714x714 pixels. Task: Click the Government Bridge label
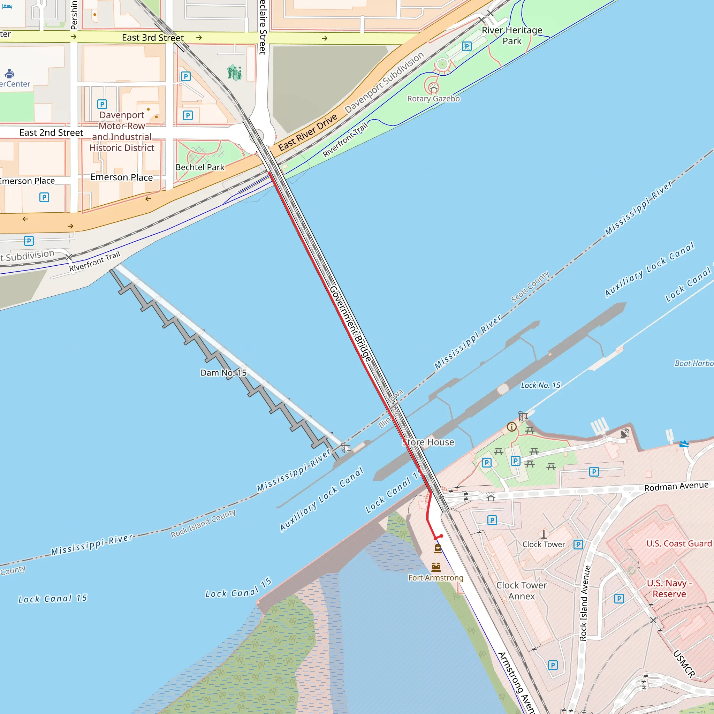click(x=350, y=324)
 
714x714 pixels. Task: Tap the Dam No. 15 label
click(x=223, y=373)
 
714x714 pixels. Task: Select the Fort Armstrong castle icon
click(x=436, y=567)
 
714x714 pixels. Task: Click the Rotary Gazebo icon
click(x=433, y=88)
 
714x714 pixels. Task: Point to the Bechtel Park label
click(x=199, y=167)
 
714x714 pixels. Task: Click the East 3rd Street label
click(x=153, y=38)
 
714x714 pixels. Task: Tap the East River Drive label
click(x=308, y=132)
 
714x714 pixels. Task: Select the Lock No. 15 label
click(x=540, y=386)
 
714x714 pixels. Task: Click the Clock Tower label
click(x=544, y=544)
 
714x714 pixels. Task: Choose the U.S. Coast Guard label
click(x=679, y=544)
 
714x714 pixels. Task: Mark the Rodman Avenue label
click(x=676, y=487)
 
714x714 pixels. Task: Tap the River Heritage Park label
click(x=512, y=36)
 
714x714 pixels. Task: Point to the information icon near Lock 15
click(x=511, y=427)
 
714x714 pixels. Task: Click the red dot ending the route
click(x=441, y=536)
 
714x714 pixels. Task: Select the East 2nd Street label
click(x=51, y=133)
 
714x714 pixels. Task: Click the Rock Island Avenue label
click(x=583, y=603)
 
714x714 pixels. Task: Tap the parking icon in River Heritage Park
click(x=467, y=47)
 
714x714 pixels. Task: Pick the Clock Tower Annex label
click(x=521, y=591)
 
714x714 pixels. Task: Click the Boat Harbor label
click(x=694, y=363)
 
